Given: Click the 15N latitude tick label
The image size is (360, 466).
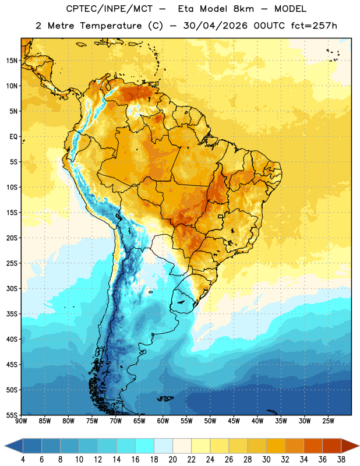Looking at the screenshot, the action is (x=12, y=61).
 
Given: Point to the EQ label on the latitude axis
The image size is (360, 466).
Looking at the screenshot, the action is (x=13, y=137).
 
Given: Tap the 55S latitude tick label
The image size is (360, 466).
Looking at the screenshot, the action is (x=12, y=415).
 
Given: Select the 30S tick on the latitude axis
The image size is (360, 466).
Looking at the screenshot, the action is (x=12, y=288).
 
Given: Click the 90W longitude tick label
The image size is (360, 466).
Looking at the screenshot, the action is (x=21, y=421).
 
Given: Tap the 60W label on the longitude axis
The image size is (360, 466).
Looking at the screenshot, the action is (x=163, y=421).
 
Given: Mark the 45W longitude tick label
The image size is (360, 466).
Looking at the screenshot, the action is (x=234, y=421).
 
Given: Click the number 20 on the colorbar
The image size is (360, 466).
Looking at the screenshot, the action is (x=172, y=460).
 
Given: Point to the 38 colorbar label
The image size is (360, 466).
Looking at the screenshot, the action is (x=341, y=460).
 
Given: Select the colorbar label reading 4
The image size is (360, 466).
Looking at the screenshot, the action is (x=23, y=460).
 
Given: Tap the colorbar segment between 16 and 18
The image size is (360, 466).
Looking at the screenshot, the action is (x=145, y=446).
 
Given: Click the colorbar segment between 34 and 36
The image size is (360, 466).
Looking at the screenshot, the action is (x=313, y=446).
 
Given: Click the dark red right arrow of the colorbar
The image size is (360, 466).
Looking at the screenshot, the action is (x=350, y=446).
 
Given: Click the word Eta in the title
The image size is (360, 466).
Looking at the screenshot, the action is (x=186, y=9).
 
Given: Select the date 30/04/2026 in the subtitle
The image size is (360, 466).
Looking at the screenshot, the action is (x=216, y=26).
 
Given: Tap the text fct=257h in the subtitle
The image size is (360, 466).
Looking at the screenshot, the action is (x=314, y=26).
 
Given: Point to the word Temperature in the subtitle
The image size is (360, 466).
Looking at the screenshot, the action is (x=111, y=26).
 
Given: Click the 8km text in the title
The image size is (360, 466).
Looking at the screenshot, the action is (x=243, y=9).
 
